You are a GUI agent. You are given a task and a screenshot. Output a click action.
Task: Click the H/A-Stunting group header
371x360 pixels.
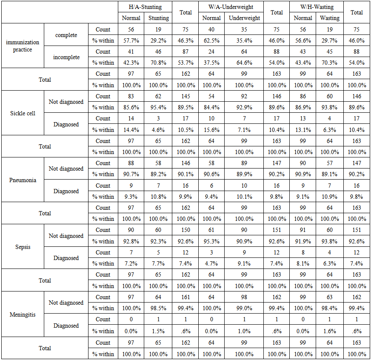(146, 7)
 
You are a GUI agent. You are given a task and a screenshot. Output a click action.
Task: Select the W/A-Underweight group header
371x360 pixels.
(231, 7)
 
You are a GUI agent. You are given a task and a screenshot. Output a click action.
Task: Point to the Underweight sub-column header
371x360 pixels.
(244, 18)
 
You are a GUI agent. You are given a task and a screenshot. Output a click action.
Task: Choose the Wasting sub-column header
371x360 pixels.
(330, 18)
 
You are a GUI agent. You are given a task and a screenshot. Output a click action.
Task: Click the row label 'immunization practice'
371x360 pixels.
(23, 46)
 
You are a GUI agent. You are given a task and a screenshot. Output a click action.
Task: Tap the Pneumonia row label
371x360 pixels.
(23, 180)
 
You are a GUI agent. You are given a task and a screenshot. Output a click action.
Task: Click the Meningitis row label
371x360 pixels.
(23, 314)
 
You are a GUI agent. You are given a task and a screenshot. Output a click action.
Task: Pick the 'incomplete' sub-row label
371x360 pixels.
(66, 57)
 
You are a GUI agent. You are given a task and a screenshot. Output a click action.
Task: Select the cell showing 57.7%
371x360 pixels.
(131, 40)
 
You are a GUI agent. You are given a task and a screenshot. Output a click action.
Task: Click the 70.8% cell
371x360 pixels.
(159, 63)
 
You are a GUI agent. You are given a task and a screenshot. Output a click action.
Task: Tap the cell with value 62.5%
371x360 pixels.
(211, 40)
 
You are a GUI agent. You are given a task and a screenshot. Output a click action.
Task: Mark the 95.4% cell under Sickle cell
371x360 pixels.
(159, 107)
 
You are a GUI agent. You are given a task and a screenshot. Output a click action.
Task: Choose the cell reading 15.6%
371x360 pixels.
(211, 130)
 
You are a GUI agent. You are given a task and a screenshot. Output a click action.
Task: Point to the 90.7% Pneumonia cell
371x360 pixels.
(131, 174)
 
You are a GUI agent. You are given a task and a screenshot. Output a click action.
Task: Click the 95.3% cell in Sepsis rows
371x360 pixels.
(211, 241)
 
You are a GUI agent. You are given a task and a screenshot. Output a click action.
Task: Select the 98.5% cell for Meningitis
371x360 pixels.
(159, 308)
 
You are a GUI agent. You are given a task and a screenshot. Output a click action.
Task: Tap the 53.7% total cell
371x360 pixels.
(185, 63)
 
